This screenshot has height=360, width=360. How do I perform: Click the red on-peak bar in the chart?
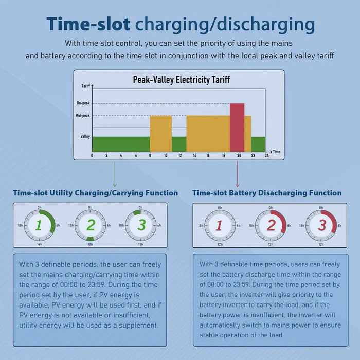[x=237, y=127]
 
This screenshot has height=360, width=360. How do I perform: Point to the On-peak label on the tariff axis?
[x=83, y=103]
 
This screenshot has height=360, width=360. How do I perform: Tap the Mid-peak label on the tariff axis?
[x=82, y=116]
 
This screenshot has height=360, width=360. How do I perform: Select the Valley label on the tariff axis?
[x=85, y=136]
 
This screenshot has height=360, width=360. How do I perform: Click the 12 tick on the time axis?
[x=179, y=155]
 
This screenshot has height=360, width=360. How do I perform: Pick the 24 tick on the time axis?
[x=266, y=155]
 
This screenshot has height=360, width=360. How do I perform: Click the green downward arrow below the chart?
[x=114, y=175]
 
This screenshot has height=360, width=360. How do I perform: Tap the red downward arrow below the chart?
[x=237, y=175]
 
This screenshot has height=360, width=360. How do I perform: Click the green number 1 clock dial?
[x=40, y=225]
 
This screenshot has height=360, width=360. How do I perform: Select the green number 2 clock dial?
[x=91, y=225]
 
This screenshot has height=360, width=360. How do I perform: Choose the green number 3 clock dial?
[x=141, y=225]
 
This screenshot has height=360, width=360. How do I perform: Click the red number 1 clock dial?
[x=220, y=225]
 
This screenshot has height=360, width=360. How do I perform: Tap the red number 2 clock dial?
[x=271, y=225]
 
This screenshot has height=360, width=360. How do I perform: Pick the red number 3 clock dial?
[x=321, y=225]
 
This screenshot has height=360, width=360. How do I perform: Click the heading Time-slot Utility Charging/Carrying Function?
[x=96, y=193]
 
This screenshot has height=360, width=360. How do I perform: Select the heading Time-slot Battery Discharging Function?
[x=267, y=193]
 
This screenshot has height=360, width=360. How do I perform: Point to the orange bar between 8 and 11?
[x=160, y=133]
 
